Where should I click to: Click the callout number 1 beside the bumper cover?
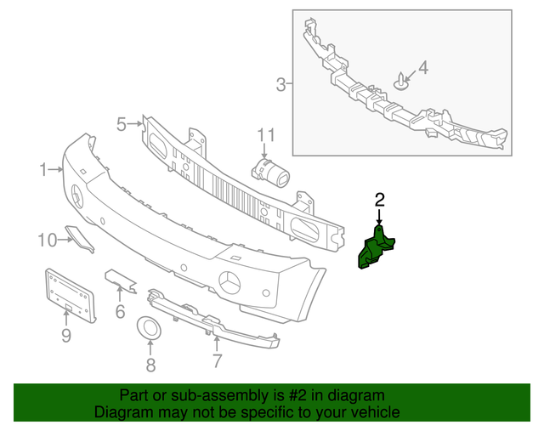[x=43, y=170]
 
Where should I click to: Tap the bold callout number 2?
[x=380, y=201]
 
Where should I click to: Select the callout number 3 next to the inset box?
[x=281, y=84]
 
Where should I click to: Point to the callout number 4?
[x=423, y=68]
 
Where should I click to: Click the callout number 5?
[x=122, y=124]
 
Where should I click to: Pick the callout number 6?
[x=120, y=312]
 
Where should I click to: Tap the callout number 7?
[x=217, y=360]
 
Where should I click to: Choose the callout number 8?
[x=150, y=365]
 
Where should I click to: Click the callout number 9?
[x=66, y=336]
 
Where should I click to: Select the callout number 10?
[x=48, y=240]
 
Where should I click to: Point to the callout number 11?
[x=266, y=135]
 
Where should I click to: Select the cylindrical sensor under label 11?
[x=270, y=173]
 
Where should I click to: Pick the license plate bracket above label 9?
[x=70, y=295]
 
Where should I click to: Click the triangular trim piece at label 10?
[x=79, y=239]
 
